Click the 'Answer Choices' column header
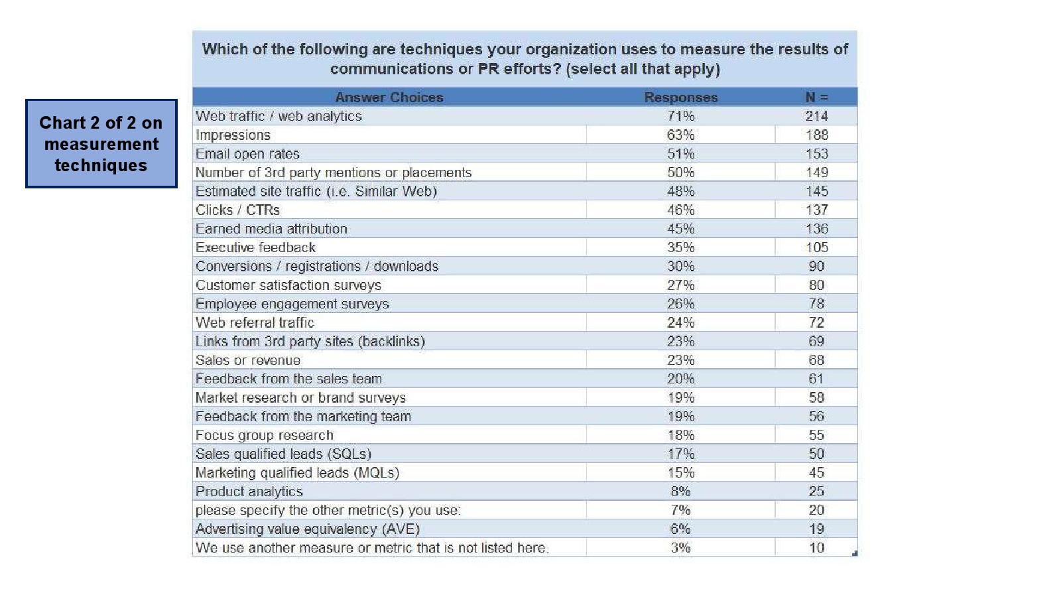coord(389,98)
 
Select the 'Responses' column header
coord(680,98)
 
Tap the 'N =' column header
coord(816,98)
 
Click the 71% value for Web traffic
coord(680,116)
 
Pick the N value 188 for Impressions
coord(816,135)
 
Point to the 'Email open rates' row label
coord(247,154)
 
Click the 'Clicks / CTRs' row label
coord(237,210)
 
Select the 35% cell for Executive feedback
coord(680,247)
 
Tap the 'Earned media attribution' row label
coord(271,229)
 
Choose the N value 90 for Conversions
coord(816,267)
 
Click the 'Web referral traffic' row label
coord(255,323)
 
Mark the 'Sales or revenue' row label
coord(247,360)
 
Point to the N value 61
coord(816,379)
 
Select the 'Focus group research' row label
coord(264,435)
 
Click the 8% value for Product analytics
coord(680,492)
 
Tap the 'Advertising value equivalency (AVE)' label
coord(307,529)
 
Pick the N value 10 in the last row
coord(816,548)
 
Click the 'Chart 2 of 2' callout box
coord(101,143)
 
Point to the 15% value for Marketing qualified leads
coord(680,473)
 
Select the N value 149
coord(816,172)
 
